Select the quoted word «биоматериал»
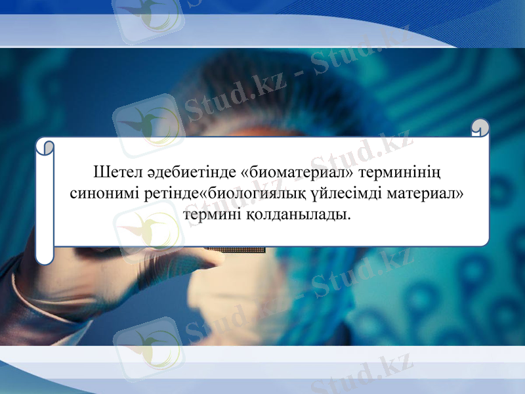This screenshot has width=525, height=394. (298, 174)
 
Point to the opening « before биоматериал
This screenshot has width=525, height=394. (246, 174)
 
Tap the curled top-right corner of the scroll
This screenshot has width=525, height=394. (480, 127)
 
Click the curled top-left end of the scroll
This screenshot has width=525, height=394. (44, 147)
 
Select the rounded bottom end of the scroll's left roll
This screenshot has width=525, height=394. (44, 257)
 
